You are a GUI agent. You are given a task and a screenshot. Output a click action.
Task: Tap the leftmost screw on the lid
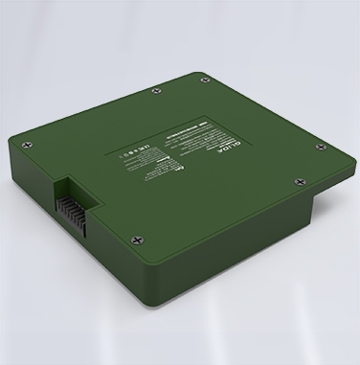pos(31,146)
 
